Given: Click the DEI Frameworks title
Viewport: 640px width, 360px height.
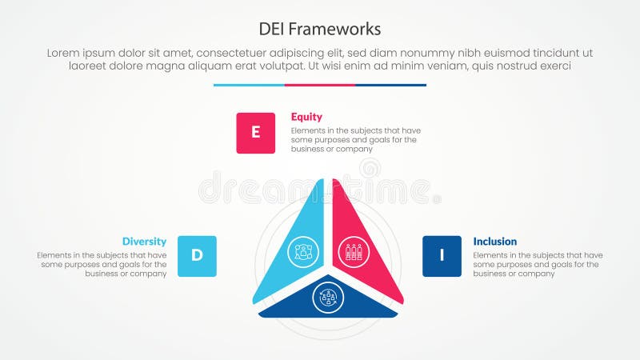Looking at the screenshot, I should pos(320,29).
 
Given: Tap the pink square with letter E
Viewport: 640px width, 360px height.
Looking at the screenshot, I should pos(255,133).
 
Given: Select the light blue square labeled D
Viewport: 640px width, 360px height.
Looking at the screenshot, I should pos(197,256).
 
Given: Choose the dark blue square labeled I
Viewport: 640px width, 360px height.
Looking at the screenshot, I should pos(442,256).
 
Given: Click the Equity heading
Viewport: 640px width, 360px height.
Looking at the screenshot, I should pos(306,117).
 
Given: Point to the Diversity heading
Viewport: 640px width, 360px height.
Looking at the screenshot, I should pos(144,241).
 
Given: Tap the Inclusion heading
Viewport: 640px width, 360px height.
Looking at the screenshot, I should pos(495,241).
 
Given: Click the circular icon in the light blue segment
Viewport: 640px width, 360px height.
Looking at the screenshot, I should pos(302,251).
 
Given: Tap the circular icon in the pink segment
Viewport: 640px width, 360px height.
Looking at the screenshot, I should pos(353,251).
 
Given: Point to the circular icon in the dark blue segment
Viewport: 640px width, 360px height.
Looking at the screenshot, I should pos(328,298).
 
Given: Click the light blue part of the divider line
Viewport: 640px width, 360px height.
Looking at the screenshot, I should pos(249,85).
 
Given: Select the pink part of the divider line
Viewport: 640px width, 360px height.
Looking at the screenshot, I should pos(320,85).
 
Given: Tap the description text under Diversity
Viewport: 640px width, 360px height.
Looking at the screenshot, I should pos(102,264).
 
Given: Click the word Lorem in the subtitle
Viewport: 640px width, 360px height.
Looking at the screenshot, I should pos(64,53).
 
